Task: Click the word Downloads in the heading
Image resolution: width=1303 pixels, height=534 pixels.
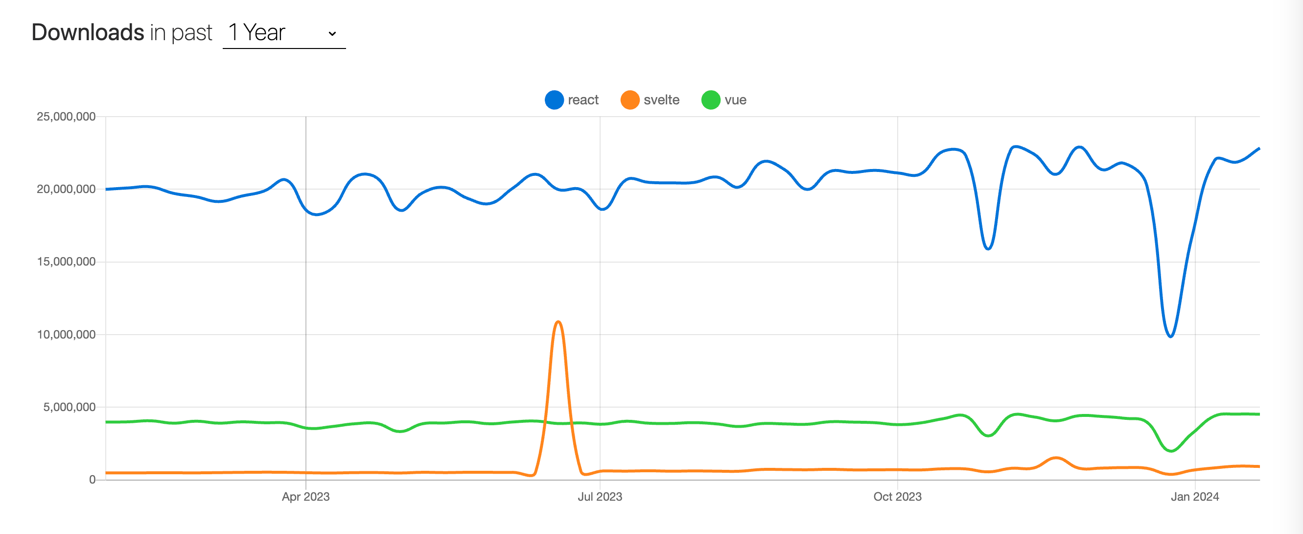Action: coord(88,32)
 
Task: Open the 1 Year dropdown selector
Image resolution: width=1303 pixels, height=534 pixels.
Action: coord(283,33)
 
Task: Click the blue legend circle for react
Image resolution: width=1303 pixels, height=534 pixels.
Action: coord(554,100)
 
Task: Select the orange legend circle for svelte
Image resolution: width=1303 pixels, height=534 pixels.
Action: coord(630,100)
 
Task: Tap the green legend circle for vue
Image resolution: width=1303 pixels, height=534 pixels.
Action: coord(711,100)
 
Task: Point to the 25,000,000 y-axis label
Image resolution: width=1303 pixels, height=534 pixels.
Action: coord(66,117)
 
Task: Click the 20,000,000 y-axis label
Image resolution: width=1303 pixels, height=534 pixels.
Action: coord(66,189)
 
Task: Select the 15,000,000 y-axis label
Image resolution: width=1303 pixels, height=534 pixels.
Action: coord(66,262)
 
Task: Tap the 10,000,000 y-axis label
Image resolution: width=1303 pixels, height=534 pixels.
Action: coord(66,334)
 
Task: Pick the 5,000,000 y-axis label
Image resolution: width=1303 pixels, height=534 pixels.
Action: coord(69,407)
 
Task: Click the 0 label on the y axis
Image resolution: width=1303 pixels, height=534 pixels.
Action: coord(92,479)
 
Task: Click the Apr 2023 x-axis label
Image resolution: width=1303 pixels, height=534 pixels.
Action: coord(305,497)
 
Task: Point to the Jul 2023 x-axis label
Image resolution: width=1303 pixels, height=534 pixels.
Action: coord(600,497)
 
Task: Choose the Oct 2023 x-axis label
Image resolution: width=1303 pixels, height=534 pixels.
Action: coord(897,497)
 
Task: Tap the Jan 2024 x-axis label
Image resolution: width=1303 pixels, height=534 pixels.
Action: coord(1195,497)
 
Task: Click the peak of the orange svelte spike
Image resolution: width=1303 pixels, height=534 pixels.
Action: coord(558,322)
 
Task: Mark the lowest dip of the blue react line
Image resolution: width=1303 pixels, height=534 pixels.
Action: coord(1170,336)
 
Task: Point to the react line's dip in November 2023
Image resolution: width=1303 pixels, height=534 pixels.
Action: coord(988,248)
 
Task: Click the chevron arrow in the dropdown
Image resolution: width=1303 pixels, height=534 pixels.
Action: coord(332,33)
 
